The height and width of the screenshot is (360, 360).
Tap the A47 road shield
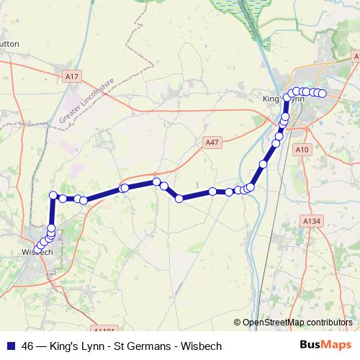(x=211, y=143)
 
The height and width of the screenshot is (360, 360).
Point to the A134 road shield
(x=311, y=221)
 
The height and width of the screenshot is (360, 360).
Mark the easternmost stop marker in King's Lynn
(x=323, y=94)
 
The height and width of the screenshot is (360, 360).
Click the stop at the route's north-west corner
(x=53, y=195)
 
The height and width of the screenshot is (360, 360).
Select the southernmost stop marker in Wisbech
(x=38, y=249)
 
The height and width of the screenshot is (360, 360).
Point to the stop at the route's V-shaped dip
(x=179, y=199)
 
